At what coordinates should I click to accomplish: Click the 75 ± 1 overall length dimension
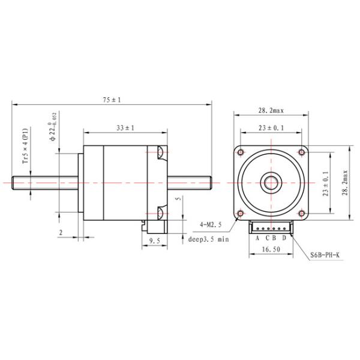pos(112,100)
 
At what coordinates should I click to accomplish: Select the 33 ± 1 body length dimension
pos(124,128)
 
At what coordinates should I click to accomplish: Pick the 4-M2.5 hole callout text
pos(211,224)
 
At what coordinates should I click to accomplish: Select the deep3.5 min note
pos(209,239)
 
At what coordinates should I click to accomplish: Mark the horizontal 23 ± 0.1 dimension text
pos(271,128)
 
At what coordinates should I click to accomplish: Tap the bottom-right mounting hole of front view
pos(300,212)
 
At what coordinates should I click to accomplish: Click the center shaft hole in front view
pos(271,181)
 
